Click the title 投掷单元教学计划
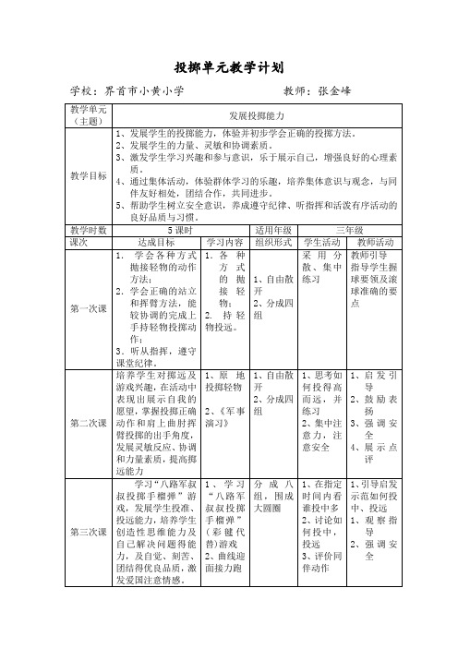[x=228, y=67]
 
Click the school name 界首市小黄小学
[x=144, y=92]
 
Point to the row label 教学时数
[x=90, y=229]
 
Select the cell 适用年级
[x=273, y=229]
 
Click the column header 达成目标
[x=154, y=241]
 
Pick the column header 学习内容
[x=226, y=241]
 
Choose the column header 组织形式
[x=273, y=241]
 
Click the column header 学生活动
[x=320, y=241]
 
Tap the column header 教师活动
[x=375, y=241]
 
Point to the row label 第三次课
[x=90, y=533]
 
